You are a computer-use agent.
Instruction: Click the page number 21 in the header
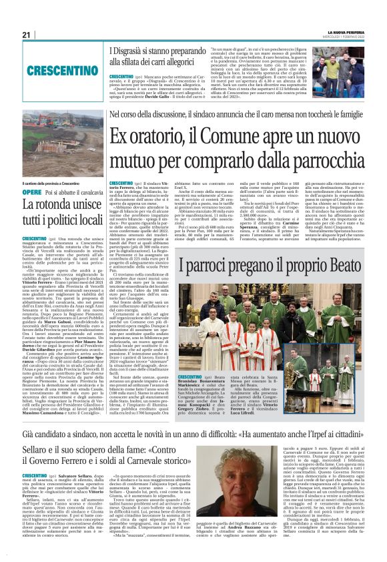click(26, 35)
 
